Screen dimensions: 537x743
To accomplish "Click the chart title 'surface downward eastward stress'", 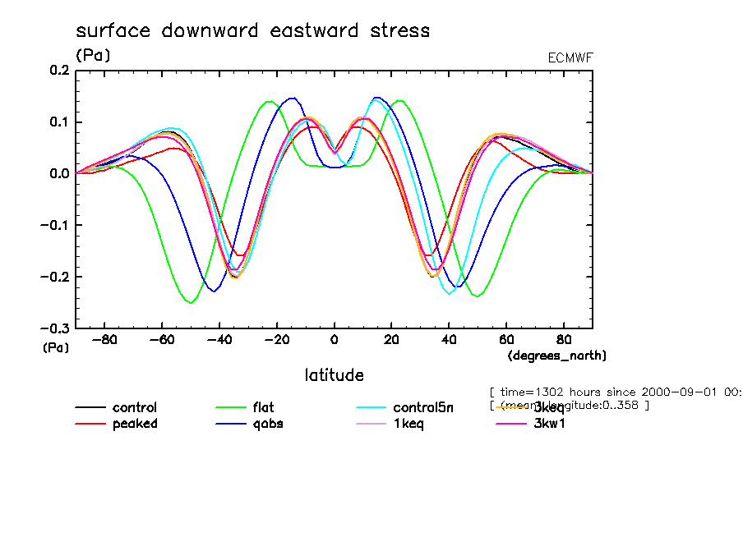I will click(252, 31).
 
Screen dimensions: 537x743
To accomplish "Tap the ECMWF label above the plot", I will click(570, 57).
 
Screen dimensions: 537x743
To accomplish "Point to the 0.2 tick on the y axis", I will click(59, 71).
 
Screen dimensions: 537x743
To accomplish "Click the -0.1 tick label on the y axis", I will click(56, 225).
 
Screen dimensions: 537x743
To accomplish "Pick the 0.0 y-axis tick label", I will click(59, 174).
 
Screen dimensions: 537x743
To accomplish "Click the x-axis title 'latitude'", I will click(334, 375).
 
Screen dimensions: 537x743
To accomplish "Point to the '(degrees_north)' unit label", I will click(557, 355).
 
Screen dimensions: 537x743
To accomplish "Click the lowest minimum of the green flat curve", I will click(191, 302).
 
